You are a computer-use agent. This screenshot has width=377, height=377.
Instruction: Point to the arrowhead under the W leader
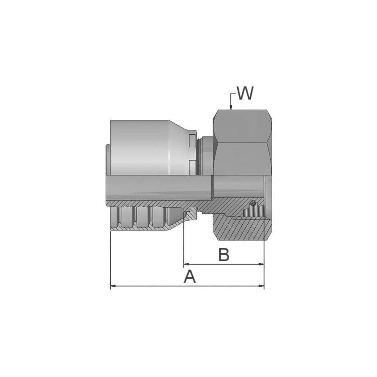pyautogui.click(x=231, y=108)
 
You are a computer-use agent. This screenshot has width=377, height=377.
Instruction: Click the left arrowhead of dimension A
pyautogui.click(x=113, y=286)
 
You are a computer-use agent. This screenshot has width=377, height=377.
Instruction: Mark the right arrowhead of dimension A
pyautogui.click(x=261, y=286)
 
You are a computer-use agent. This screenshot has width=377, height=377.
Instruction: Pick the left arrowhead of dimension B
pyautogui.click(x=186, y=264)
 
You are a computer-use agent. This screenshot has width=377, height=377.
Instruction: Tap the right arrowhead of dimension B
pyautogui.click(x=261, y=264)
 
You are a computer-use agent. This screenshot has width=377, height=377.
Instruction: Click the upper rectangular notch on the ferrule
pyautogui.click(x=192, y=141)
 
